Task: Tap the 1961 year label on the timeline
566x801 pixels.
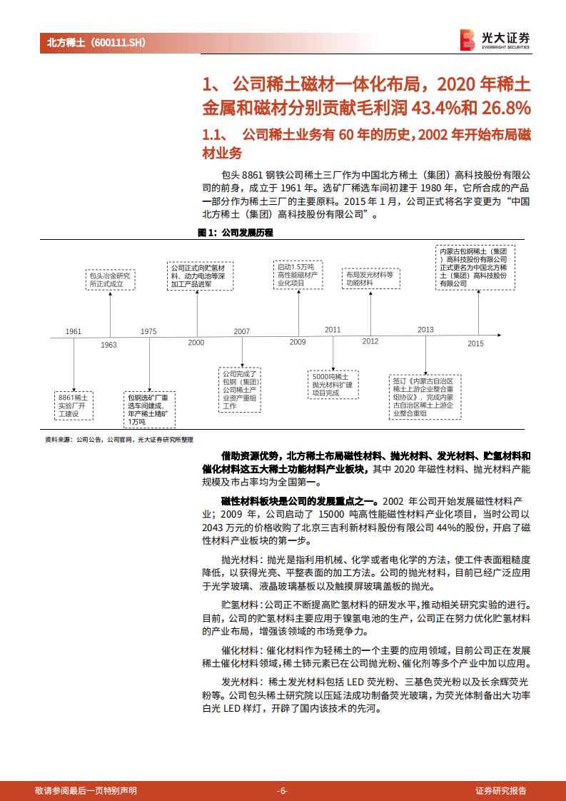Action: (x=74, y=331)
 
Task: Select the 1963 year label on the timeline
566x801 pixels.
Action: (x=108, y=345)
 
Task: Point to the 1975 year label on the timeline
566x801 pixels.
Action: (x=148, y=331)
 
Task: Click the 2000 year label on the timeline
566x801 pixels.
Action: (x=196, y=343)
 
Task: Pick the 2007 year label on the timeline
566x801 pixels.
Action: (x=242, y=331)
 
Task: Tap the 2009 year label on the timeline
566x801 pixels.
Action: (x=298, y=343)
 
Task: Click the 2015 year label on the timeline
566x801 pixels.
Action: (x=475, y=343)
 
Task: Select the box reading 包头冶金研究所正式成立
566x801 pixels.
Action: (x=111, y=279)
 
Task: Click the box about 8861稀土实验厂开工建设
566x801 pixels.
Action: (x=74, y=405)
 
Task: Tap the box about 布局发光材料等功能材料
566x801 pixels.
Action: (x=371, y=278)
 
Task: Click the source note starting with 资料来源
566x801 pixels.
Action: (x=118, y=440)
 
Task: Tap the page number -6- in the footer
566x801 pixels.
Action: (x=283, y=790)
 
